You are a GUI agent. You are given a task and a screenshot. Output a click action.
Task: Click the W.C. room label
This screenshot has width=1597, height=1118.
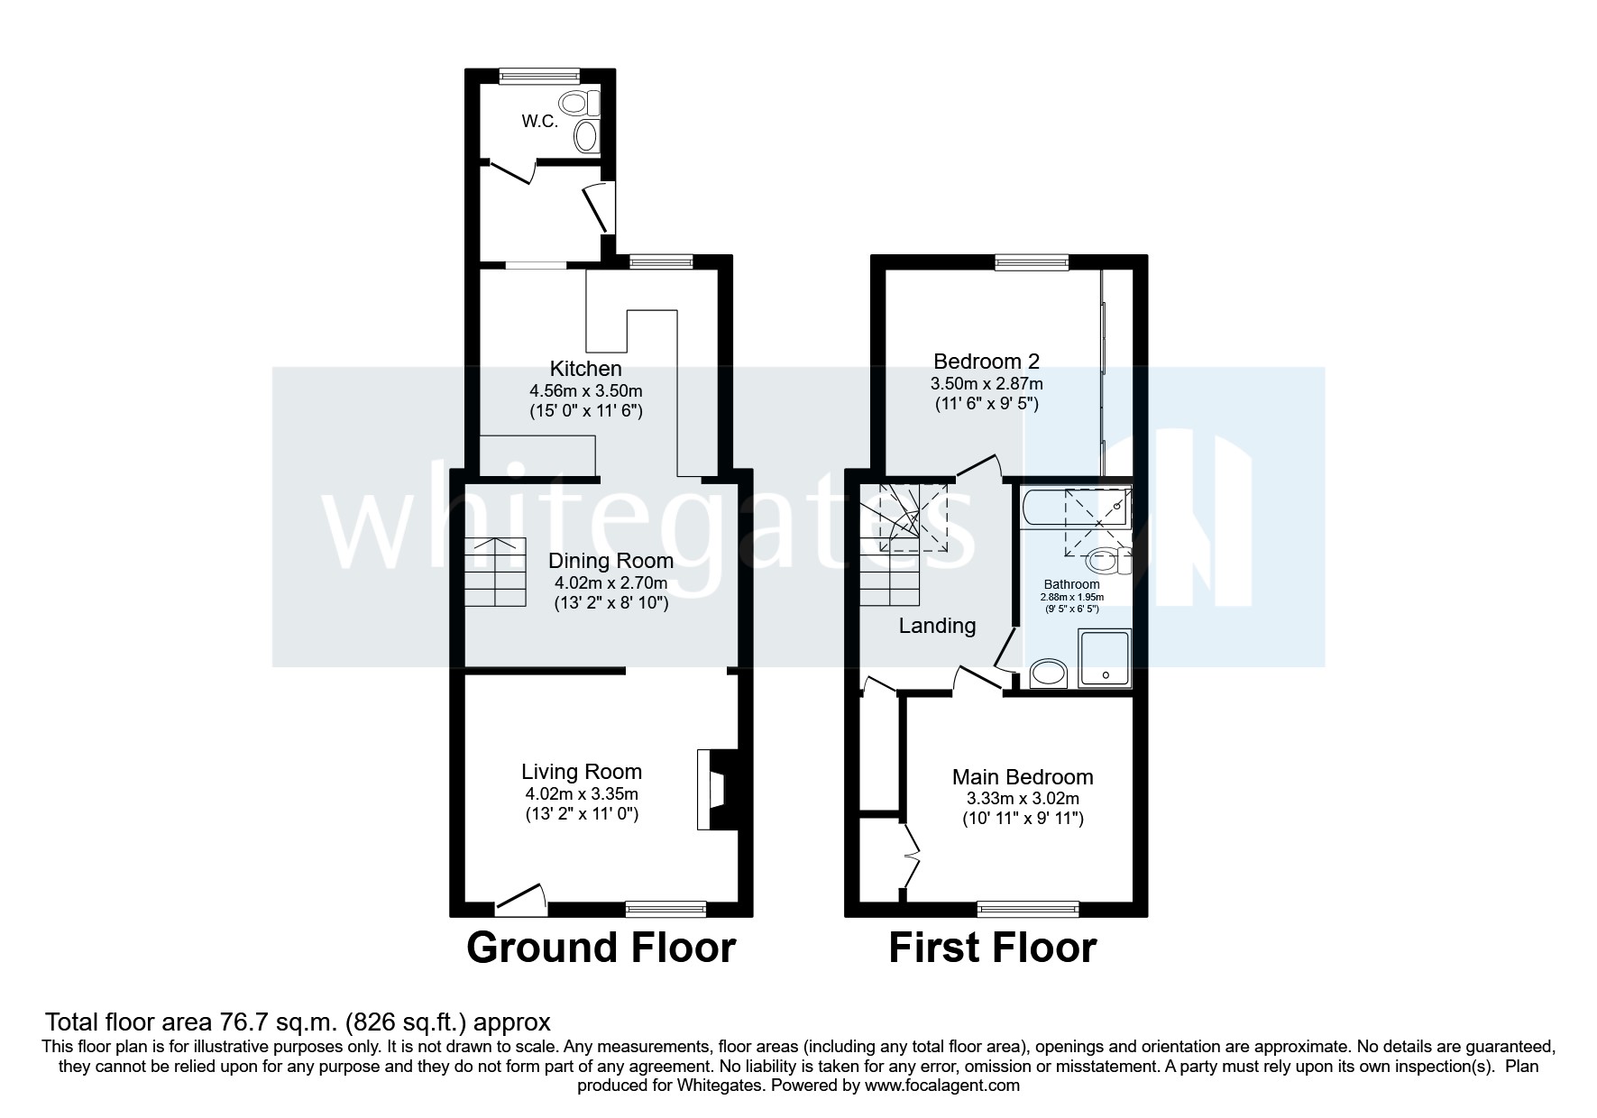539,121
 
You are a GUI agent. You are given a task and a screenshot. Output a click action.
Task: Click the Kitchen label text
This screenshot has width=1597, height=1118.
585,369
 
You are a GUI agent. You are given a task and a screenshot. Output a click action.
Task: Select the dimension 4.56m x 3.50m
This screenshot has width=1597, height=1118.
585,391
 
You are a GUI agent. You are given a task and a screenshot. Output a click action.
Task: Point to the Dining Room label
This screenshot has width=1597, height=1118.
610,561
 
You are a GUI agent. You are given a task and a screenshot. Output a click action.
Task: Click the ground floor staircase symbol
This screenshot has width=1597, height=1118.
494,573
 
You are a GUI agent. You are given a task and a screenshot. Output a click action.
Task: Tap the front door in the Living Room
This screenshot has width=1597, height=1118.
521,898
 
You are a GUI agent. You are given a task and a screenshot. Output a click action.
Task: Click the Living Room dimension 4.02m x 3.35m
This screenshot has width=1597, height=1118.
582,794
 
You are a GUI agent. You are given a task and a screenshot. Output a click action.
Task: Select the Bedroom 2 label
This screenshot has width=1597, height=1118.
986,362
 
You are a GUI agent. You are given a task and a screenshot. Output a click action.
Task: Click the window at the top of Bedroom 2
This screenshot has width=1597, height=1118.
1032,262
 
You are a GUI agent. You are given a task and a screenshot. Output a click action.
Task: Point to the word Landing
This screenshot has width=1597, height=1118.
937,626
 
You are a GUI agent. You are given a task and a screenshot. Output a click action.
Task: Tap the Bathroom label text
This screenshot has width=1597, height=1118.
1071,584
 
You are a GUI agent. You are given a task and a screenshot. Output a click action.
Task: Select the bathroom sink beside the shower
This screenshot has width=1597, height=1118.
1048,673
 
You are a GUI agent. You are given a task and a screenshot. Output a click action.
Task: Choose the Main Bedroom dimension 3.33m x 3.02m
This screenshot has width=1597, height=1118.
1023,799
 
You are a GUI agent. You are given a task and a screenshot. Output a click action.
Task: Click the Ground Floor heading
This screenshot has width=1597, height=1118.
601,948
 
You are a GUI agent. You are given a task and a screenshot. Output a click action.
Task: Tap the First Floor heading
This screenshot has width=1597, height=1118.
992,948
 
